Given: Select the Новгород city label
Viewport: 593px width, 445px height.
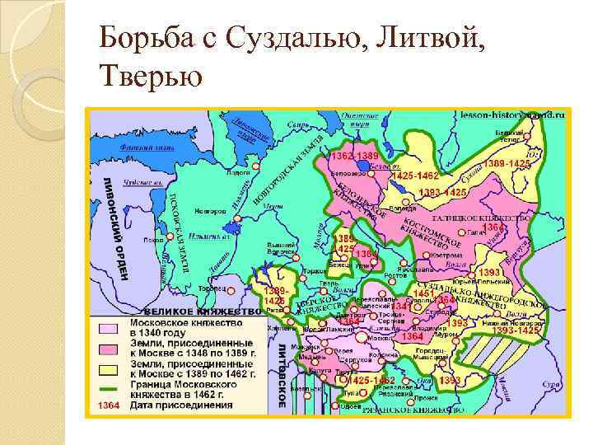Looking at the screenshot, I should tap(211, 211).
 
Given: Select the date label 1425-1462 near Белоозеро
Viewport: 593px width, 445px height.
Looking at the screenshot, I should tap(415, 176).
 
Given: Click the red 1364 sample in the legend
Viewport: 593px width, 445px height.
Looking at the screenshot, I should tap(108, 405).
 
